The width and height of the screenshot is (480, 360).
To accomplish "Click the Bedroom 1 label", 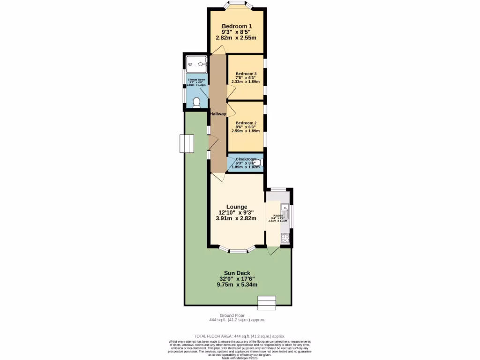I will (237, 26).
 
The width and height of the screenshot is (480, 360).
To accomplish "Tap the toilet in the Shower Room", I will (196, 103).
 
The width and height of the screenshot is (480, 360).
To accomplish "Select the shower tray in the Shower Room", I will (196, 62).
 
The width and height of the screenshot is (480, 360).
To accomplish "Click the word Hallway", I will (218, 114).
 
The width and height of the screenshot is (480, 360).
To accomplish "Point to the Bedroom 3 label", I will (246, 74).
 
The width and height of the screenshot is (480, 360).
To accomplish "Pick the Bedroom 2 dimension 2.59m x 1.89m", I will (246, 131).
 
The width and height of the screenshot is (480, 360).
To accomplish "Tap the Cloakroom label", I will (246, 159).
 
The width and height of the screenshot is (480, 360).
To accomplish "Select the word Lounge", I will (236, 207).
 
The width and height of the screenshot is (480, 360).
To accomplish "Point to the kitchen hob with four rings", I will (285, 238).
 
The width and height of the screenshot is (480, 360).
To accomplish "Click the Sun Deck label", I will (237, 273).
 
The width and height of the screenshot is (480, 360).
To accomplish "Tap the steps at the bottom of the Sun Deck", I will (267, 303).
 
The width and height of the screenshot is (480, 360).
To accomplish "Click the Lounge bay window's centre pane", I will (237, 252).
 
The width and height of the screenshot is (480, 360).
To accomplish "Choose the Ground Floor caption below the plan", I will (237, 315).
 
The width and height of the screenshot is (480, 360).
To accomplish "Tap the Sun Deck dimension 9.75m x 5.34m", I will (237, 285).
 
